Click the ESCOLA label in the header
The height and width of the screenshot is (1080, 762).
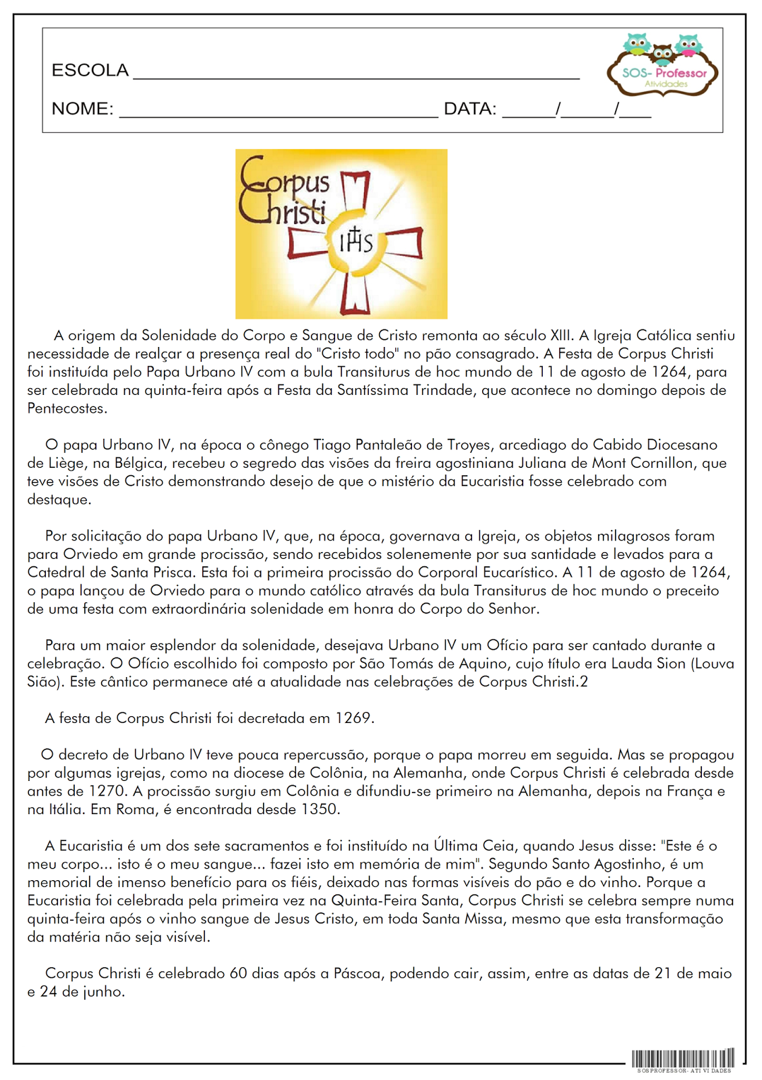[x=90, y=70]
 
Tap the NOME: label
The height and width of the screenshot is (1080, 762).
[x=82, y=109]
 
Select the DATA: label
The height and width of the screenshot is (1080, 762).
[x=470, y=109]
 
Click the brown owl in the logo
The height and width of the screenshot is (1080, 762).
[x=662, y=53]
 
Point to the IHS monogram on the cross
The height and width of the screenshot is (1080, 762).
[x=355, y=240]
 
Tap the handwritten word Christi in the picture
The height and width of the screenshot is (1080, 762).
[x=282, y=211]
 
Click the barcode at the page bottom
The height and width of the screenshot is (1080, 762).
[x=682, y=1058]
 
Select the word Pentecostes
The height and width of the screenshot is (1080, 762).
[x=66, y=408]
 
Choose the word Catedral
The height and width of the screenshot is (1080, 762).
[x=57, y=572]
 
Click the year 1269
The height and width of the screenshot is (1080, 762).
[x=353, y=718]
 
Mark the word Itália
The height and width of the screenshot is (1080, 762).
[x=65, y=809]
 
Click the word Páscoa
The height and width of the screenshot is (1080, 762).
[x=358, y=973]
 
